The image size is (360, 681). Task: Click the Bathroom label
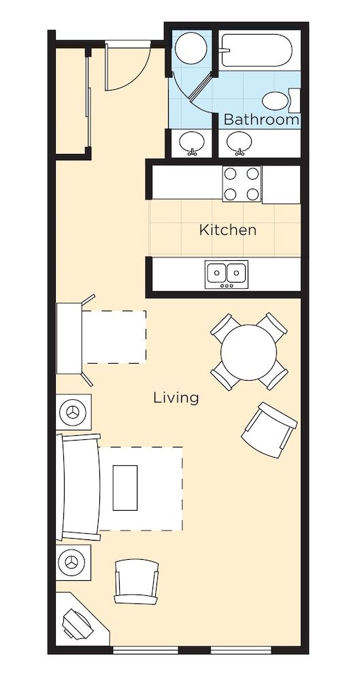261,119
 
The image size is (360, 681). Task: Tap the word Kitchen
227,229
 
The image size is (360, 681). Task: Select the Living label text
176,398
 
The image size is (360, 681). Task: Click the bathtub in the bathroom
257,50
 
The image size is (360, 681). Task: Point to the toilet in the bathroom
280,101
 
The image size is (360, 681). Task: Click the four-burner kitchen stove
242,184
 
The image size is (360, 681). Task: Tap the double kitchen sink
227,274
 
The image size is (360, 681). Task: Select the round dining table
248,352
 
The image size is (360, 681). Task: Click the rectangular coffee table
125,488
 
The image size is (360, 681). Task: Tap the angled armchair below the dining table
269,430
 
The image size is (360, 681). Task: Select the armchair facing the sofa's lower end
136,581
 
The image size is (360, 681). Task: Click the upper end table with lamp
73,412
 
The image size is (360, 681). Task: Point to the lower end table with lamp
73,563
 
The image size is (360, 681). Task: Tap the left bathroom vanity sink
191,143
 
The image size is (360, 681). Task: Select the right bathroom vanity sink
239,143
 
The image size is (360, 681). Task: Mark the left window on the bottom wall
146,650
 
